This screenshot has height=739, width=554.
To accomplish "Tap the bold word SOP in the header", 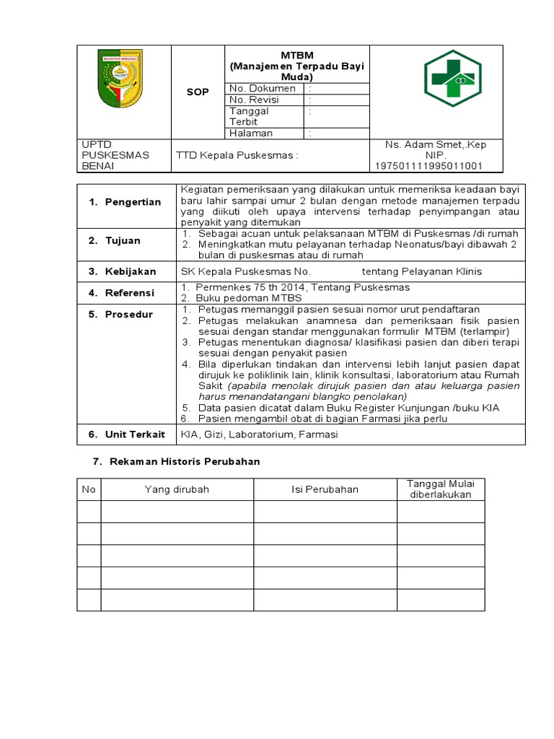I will tap(198, 92).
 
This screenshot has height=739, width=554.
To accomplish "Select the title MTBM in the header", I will tap(297, 56).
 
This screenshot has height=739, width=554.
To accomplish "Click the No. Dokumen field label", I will tap(262, 88).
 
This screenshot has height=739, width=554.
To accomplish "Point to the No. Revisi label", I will tap(254, 100).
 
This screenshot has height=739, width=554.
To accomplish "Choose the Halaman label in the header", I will tap(251, 133).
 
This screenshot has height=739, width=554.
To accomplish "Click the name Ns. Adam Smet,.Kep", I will tap(436, 145).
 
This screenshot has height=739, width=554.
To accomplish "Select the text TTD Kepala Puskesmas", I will tap(237, 155).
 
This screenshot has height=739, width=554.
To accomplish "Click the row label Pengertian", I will tap(132, 202).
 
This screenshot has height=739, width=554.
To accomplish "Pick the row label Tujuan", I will tap(123, 241).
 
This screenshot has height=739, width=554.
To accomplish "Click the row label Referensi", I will tap(130, 293).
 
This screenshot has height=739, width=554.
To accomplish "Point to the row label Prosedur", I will tap(128, 315).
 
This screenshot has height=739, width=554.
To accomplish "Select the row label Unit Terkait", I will tap(134, 434).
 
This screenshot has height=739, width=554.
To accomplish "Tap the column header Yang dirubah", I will tap(177, 489).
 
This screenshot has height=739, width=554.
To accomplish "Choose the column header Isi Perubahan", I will tap(325, 489).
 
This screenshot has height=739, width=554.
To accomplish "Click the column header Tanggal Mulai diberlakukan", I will tap(440, 489).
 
